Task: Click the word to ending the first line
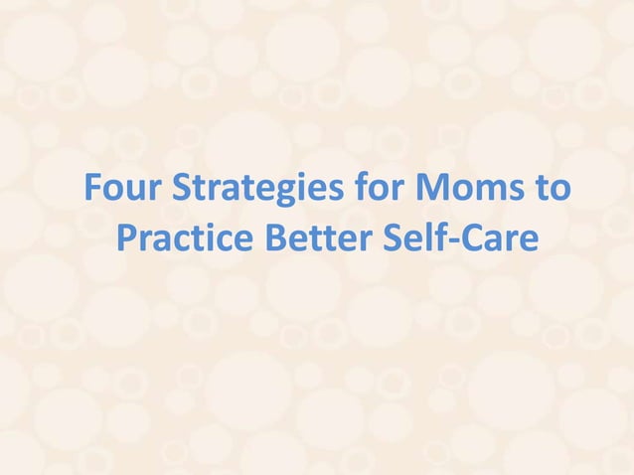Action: tap(550, 189)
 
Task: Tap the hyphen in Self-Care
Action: tap(438, 242)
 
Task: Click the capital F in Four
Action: tap(94, 188)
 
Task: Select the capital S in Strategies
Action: tap(182, 188)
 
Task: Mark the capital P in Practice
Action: tap(127, 238)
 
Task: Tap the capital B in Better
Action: tap(274, 238)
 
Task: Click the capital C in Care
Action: tap(455, 238)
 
